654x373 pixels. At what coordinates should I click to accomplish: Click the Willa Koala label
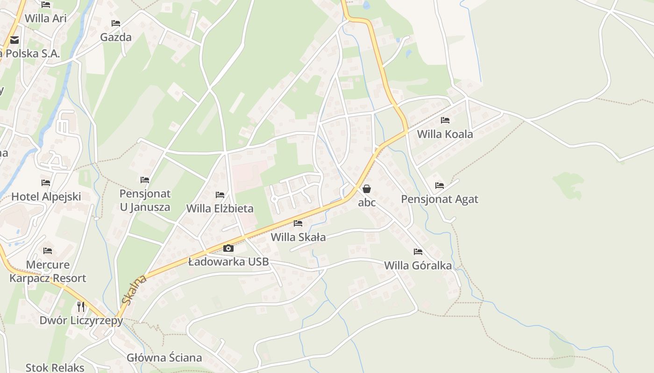tap(445, 134)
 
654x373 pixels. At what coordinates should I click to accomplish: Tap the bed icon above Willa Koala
tap(445, 120)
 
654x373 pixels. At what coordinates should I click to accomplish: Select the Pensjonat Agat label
tap(440, 200)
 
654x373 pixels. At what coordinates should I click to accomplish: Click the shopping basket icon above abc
tap(367, 189)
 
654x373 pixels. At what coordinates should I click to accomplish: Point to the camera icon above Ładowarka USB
tap(228, 248)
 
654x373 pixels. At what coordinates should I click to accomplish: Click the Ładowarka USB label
tap(228, 262)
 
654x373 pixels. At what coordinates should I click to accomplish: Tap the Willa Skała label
tap(298, 237)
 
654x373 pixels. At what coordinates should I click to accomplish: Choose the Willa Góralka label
tap(418, 266)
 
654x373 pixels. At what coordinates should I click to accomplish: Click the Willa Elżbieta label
tap(220, 208)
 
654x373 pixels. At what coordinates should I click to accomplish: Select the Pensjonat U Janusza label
tap(145, 200)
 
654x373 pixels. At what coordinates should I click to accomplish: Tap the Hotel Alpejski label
tap(46, 197)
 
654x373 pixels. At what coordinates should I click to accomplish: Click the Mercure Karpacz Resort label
tap(48, 271)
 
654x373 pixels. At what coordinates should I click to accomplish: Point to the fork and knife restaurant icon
tap(81, 306)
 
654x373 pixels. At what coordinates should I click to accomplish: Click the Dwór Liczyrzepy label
tap(81, 321)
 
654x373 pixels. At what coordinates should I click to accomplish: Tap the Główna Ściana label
tap(164, 358)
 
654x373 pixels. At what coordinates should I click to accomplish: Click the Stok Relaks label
tap(55, 367)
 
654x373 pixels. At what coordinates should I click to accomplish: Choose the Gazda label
tap(116, 37)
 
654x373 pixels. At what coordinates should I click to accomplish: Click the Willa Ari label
tap(46, 19)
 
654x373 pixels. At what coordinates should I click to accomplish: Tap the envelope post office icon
tap(14, 40)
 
